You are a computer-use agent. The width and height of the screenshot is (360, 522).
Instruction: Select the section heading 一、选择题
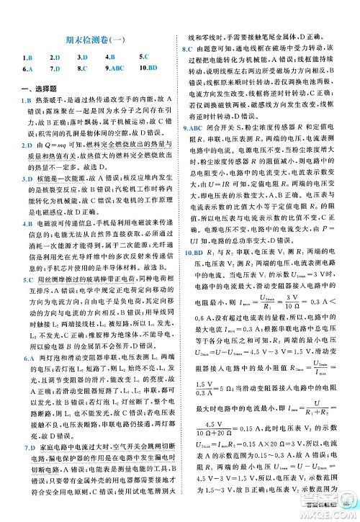point(31,88)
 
